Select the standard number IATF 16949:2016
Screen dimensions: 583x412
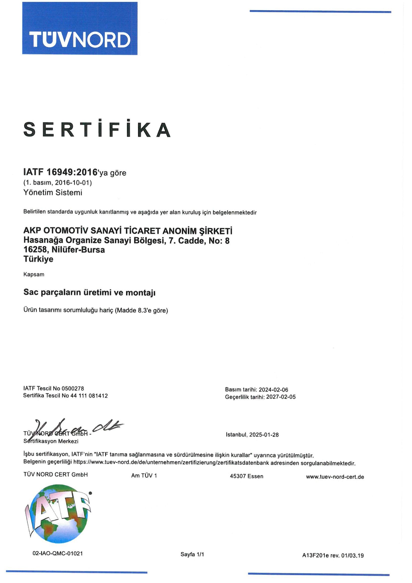[x=61, y=172]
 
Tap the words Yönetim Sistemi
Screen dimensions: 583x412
[x=53, y=193]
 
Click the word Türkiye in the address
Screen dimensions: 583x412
[x=38, y=259]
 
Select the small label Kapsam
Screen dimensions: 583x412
[x=34, y=275]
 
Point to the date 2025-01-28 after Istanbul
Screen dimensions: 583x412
[x=264, y=435]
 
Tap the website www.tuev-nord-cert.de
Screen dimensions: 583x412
[x=335, y=477]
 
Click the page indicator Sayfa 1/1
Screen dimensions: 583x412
[x=192, y=554]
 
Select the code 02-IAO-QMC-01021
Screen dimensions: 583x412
[x=58, y=554]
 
